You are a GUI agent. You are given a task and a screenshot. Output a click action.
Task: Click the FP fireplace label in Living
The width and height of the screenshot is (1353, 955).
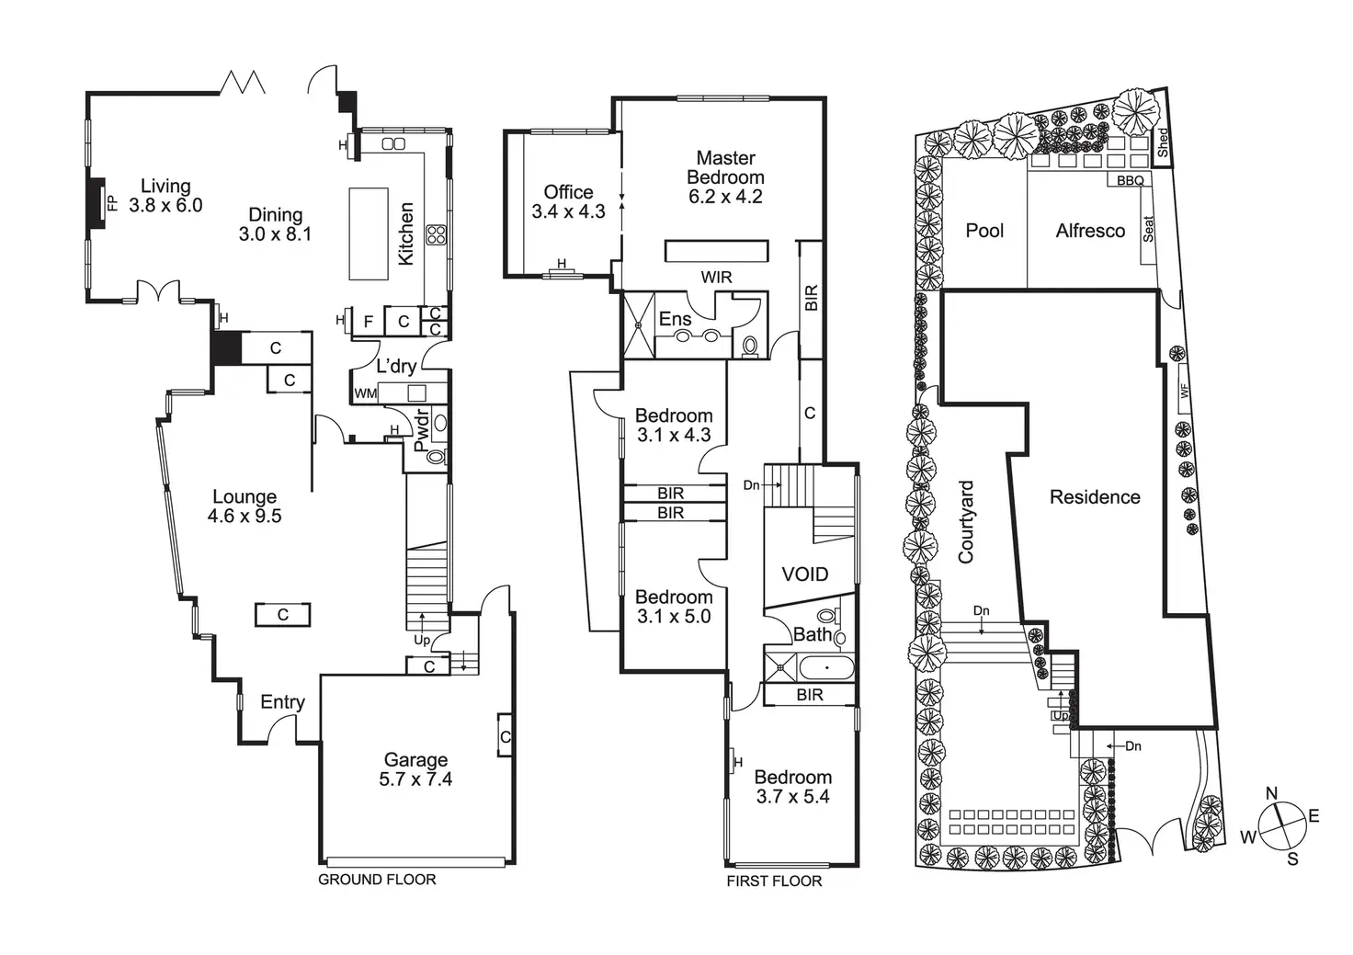point(112,203)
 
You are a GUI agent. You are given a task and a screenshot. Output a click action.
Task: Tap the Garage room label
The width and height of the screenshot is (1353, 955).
point(415,760)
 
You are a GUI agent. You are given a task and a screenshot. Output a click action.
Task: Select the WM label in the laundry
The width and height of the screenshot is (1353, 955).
point(365,393)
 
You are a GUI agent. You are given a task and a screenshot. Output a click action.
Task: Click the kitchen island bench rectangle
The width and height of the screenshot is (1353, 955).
point(369,233)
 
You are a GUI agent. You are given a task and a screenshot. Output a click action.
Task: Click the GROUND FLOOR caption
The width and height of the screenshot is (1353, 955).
point(377,880)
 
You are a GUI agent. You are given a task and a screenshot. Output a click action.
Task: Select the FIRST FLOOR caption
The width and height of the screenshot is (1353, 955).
point(774,881)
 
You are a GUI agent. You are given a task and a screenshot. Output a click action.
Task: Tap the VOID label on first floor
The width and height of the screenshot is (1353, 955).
point(804,574)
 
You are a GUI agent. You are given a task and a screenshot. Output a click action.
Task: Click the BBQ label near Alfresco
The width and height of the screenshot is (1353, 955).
point(1130,180)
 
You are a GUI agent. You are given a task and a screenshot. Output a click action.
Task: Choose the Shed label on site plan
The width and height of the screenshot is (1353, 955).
point(1163,142)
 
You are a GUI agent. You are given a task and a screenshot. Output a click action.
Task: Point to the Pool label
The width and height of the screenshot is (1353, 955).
point(984,231)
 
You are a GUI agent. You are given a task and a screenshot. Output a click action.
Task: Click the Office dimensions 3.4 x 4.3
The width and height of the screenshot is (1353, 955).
point(568,211)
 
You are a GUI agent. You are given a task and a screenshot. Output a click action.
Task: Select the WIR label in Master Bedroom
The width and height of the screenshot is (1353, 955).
point(716,277)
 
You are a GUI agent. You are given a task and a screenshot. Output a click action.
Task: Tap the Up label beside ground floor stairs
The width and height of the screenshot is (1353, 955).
point(422,640)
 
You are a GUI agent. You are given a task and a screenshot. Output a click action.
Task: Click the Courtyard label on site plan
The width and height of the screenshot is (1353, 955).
point(966,521)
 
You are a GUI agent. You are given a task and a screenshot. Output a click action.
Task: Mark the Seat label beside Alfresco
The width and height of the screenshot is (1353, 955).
point(1147,229)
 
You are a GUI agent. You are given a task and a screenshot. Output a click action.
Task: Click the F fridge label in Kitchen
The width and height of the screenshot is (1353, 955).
point(369,322)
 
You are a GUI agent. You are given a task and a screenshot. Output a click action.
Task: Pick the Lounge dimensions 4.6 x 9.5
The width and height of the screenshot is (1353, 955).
point(244,517)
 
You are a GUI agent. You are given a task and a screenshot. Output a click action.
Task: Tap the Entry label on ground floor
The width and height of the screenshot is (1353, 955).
point(282,702)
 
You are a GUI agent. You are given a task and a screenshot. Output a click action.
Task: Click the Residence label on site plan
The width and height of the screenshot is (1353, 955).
point(1095,497)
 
